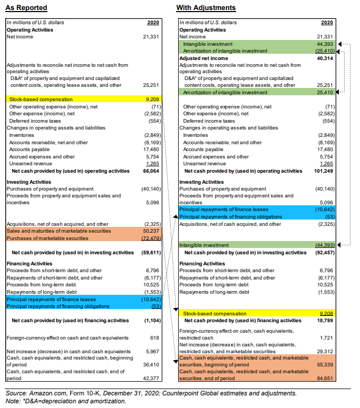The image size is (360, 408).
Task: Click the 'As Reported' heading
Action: pos(26,8)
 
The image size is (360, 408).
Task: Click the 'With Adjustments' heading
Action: pos(206,8)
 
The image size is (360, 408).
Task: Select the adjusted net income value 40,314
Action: pos(324,58)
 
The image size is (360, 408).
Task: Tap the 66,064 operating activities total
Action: pos(151,171)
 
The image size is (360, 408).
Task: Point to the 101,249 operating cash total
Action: pos(323,171)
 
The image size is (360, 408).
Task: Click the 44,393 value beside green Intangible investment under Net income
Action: pos(324,44)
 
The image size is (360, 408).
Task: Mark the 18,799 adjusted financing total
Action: pos(324,320)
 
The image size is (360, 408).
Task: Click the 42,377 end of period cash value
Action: pos(151,378)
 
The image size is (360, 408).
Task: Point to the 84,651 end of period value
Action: pos(324,378)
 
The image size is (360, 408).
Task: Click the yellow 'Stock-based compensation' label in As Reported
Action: pos(41,99)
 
